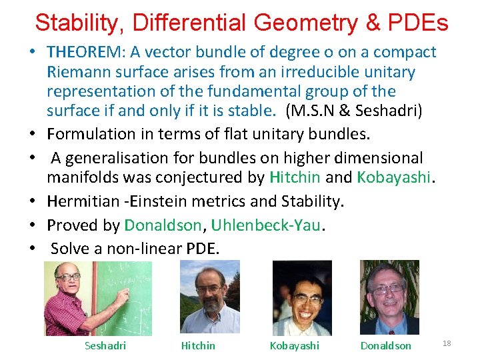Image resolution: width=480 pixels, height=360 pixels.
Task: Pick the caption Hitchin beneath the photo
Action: (x=198, y=345)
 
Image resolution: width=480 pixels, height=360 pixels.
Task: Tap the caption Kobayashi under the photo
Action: (x=294, y=345)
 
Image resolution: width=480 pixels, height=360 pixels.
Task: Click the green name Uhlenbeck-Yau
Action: (x=266, y=225)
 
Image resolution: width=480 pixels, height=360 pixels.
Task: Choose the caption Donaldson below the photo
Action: (x=385, y=345)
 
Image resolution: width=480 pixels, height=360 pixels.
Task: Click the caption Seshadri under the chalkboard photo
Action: (x=105, y=345)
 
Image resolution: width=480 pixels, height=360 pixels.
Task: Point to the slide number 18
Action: (x=447, y=343)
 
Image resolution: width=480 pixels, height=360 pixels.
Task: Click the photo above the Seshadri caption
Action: (x=97, y=298)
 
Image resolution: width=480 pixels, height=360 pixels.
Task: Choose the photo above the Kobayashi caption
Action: (x=302, y=297)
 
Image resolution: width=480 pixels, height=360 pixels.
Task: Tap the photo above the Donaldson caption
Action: (x=389, y=297)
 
